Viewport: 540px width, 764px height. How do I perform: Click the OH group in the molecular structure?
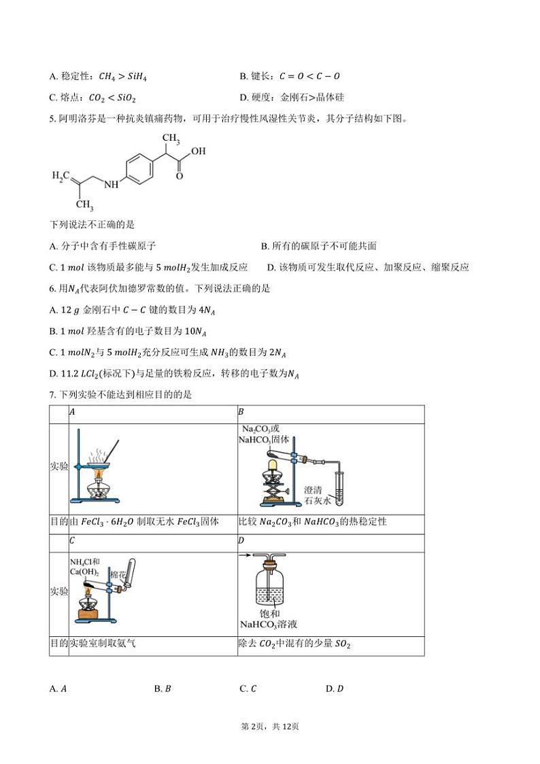pos(198,151)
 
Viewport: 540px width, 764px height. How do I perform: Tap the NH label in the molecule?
pos(111,185)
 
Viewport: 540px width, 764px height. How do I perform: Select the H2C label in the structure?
pos(61,176)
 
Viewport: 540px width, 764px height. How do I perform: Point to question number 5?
pos(52,119)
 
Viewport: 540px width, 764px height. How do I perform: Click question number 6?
pos(52,289)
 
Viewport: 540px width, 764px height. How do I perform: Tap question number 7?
pos(52,395)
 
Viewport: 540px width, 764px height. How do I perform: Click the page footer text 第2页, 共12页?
pos(270,727)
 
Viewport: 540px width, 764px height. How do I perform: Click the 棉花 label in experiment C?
pos(118,575)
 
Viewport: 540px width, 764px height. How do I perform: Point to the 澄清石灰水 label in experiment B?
pos(317,495)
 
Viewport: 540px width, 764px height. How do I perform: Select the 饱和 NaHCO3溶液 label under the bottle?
pos(269,619)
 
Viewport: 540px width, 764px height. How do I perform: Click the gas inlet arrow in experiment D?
pos(245,555)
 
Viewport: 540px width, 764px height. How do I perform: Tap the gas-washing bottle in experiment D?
pos(269,583)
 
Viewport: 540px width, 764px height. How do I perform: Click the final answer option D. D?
pos(335,689)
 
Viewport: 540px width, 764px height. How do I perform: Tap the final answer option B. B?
pos(163,689)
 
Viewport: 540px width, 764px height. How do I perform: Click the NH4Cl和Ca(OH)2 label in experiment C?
pos(85,567)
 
